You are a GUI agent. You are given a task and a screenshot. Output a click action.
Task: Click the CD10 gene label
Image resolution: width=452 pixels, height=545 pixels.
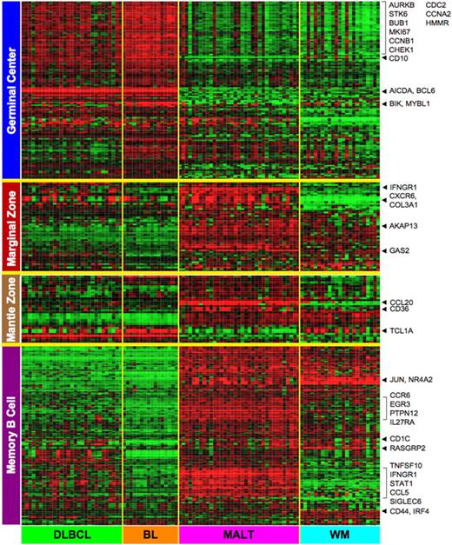click(401, 59)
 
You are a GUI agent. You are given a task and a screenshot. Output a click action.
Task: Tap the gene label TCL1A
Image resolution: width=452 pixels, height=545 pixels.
click(404, 331)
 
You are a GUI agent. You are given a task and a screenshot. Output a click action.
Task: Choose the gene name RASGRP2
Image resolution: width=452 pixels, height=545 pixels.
click(411, 449)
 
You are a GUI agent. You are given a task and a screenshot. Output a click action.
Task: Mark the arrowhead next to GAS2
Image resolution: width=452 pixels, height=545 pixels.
click(384, 251)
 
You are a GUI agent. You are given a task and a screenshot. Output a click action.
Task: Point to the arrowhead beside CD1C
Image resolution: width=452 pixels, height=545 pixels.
click(384, 439)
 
